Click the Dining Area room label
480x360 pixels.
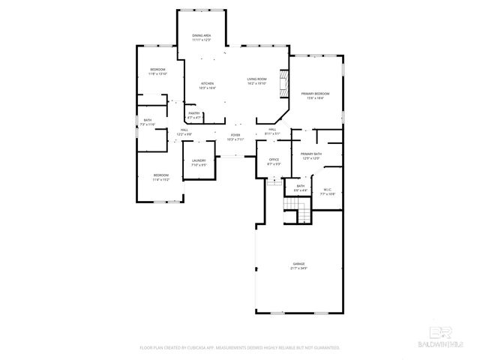(x=201, y=35)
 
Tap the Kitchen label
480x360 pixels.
(x=207, y=83)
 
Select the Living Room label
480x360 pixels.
(x=258, y=79)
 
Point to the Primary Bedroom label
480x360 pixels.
(x=316, y=93)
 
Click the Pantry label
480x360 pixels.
(x=194, y=113)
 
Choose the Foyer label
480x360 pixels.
(x=235, y=135)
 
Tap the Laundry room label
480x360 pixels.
(x=199, y=160)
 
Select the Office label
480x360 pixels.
(x=274, y=160)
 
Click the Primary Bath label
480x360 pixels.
(x=311, y=154)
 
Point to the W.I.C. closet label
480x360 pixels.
(x=327, y=189)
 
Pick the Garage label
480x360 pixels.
(x=298, y=263)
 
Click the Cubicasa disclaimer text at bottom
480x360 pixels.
(x=240, y=348)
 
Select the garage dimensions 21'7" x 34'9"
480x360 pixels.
(x=298, y=268)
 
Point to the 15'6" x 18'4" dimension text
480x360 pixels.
(x=316, y=97)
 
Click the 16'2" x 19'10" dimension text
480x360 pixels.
(x=258, y=83)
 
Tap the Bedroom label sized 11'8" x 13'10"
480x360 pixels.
(x=157, y=70)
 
